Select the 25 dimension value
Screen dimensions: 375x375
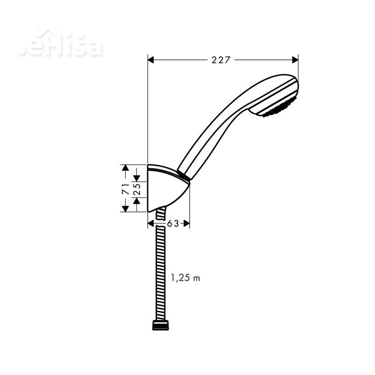pos(137,189)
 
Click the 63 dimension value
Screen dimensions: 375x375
pos(173,224)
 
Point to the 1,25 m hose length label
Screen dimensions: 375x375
pos(185,278)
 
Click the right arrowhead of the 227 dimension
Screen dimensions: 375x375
pos(295,60)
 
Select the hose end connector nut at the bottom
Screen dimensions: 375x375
pos(161,325)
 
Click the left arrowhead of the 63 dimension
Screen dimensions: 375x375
pos(151,224)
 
